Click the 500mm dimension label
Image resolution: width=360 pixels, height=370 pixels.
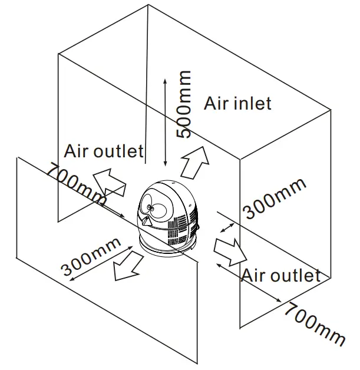[184, 104]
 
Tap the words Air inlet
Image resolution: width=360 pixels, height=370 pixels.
[238, 104]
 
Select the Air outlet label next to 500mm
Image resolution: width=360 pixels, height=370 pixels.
[104, 151]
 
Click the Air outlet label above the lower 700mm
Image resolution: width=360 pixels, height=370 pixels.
[281, 275]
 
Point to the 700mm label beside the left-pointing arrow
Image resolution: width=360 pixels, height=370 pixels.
[75, 184]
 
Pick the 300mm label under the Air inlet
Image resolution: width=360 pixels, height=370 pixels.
[275, 198]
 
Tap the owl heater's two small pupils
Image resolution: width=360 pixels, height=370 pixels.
[151, 207]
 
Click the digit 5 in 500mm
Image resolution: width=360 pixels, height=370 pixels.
[184, 130]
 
